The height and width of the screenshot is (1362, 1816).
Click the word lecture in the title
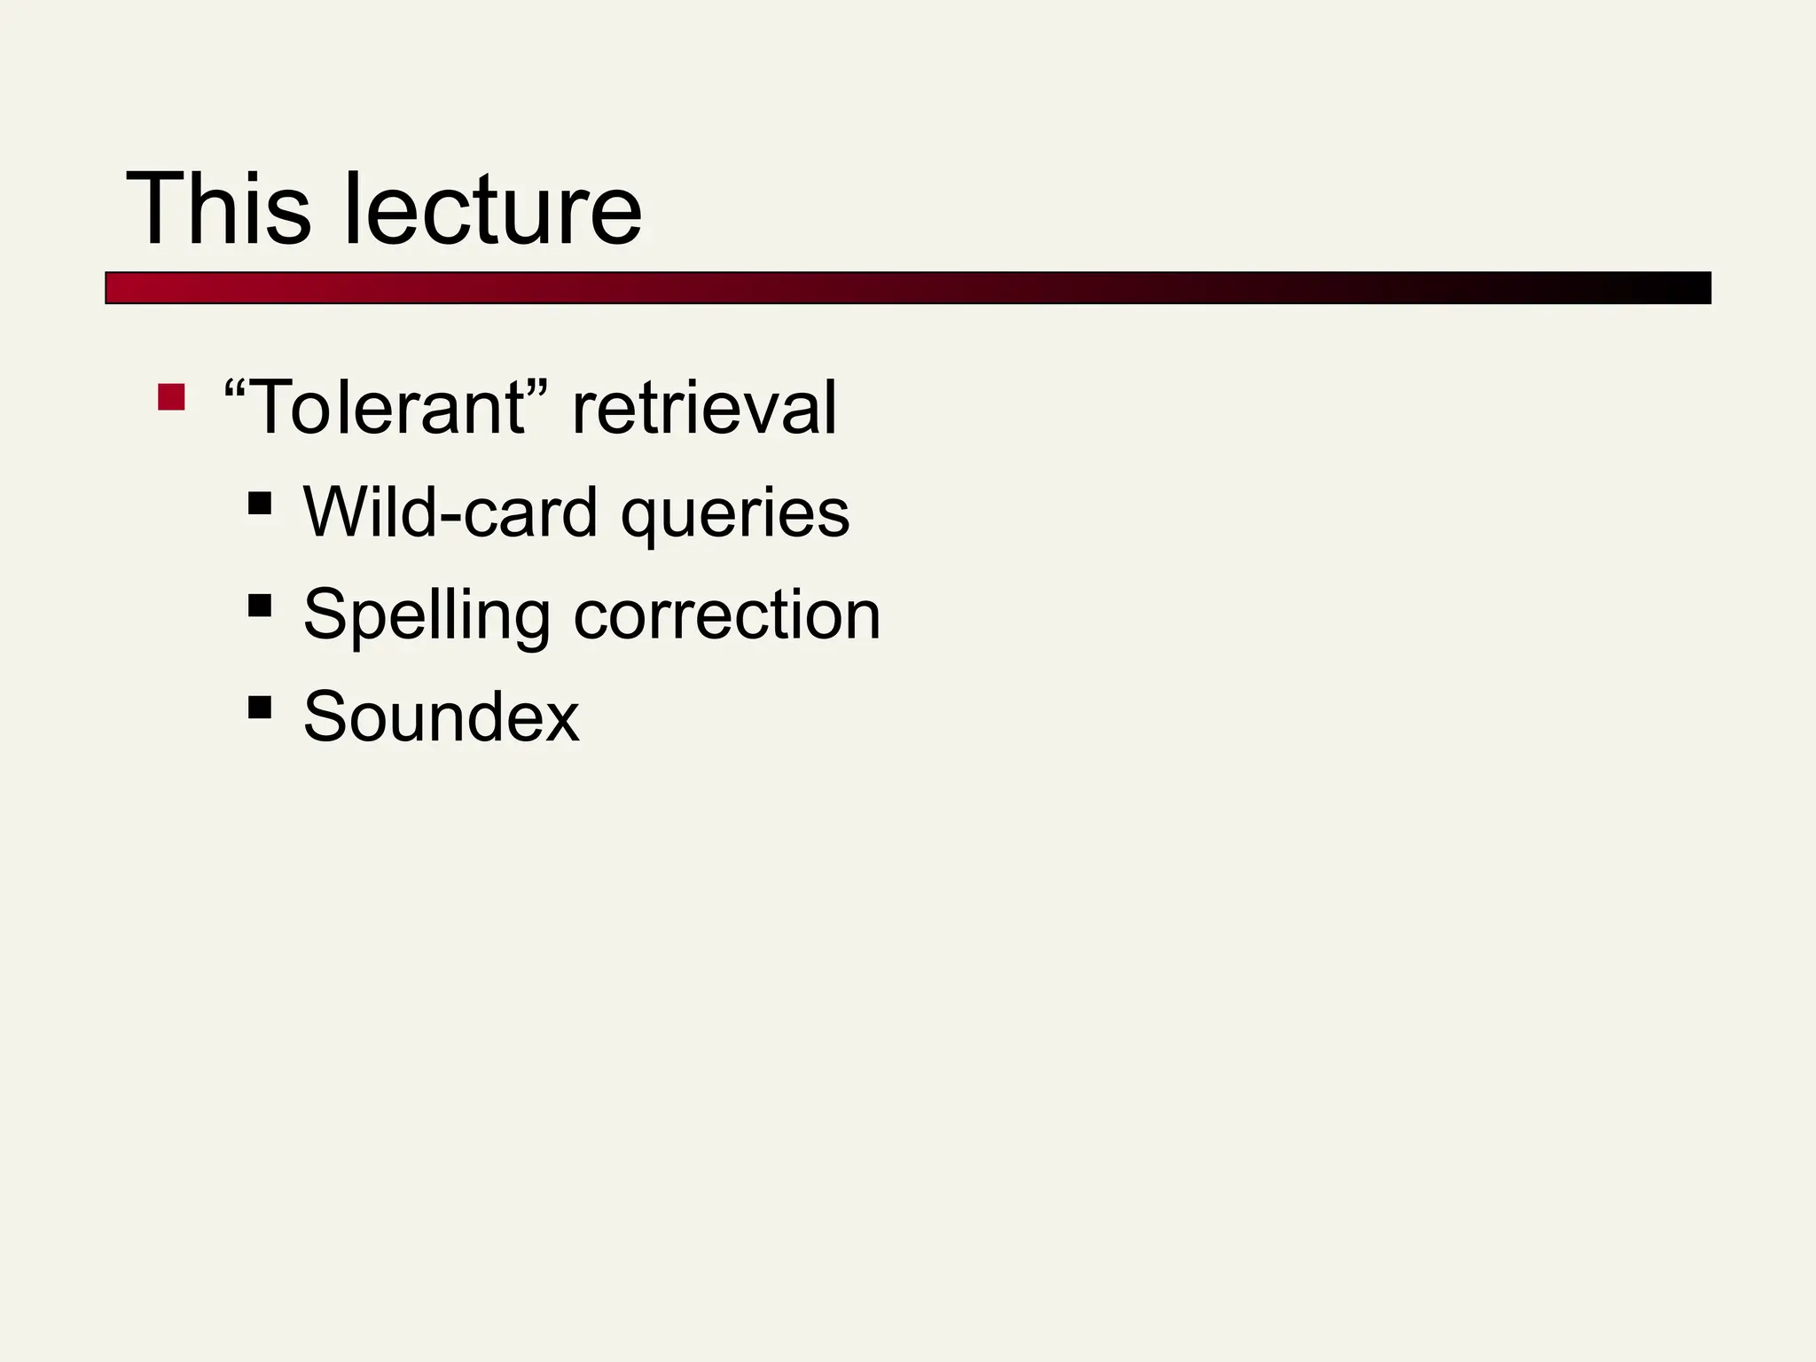pyautogui.click(x=492, y=209)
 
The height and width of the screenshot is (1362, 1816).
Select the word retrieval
pyautogui.click(x=704, y=408)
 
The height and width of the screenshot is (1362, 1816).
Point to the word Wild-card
pyautogui.click(x=450, y=513)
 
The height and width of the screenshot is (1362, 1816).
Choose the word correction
pyautogui.click(x=727, y=615)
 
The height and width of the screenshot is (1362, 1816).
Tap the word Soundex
pyautogui.click(x=441, y=716)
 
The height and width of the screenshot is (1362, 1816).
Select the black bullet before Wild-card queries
pyautogui.click(x=260, y=504)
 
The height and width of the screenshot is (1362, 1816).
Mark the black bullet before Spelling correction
pyautogui.click(x=260, y=606)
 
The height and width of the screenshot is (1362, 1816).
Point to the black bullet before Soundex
pyautogui.click(x=260, y=707)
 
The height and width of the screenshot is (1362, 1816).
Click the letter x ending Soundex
pyautogui.click(x=560, y=720)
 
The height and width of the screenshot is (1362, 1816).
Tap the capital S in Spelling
pyautogui.click(x=323, y=614)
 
